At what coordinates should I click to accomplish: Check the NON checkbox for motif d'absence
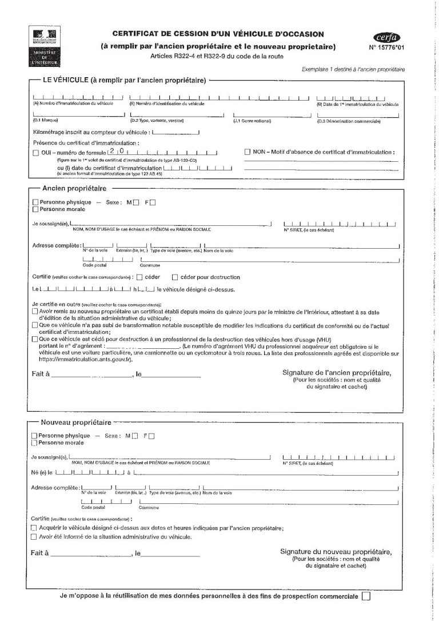pyautogui.click(x=248, y=152)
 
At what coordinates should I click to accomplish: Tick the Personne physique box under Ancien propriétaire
pyautogui.click(x=36, y=202)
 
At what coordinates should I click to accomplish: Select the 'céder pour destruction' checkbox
pyautogui.click(x=175, y=277)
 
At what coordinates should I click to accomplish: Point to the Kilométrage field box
pyautogui.click(x=175, y=132)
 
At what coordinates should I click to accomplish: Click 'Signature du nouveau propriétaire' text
pyautogui.click(x=336, y=552)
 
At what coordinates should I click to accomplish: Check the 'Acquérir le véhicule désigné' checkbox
pyautogui.click(x=33, y=528)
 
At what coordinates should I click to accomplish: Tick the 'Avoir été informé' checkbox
pyautogui.click(x=33, y=537)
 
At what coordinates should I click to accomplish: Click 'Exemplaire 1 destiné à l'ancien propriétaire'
pyautogui.click(x=354, y=69)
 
